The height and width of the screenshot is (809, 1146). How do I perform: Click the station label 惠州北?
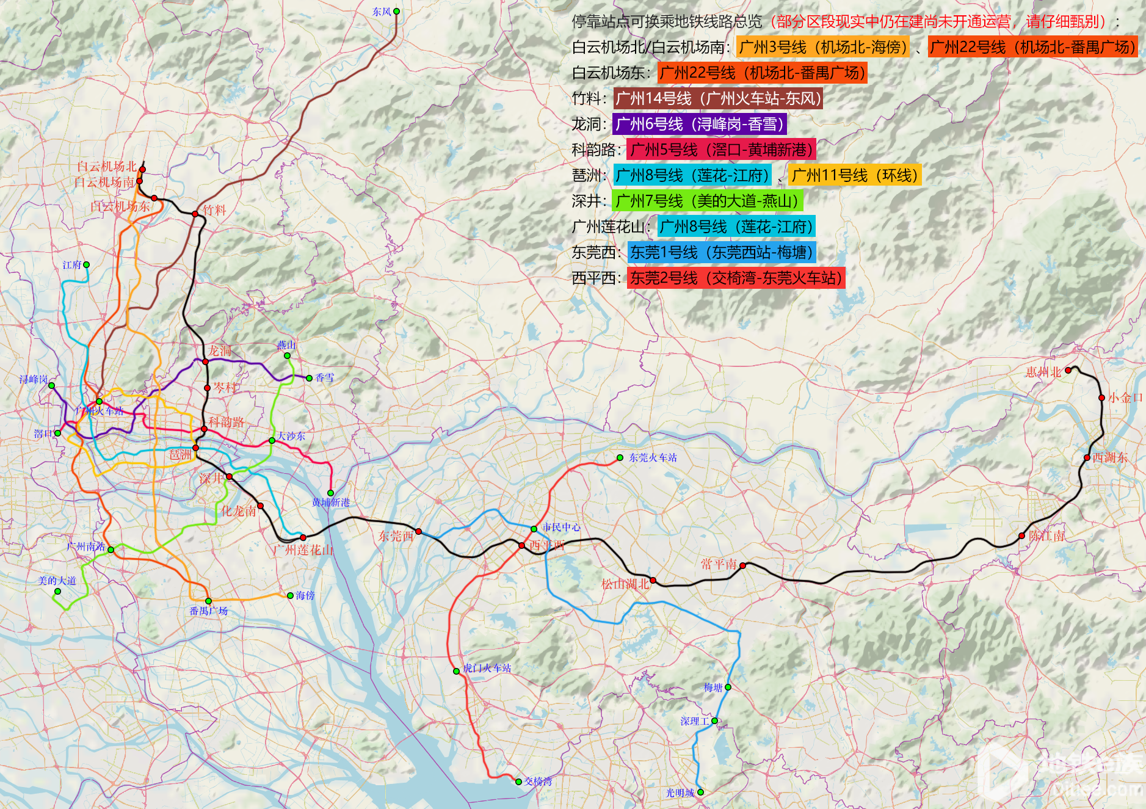(x=1043, y=372)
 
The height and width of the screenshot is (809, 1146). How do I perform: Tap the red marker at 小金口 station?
(x=1101, y=397)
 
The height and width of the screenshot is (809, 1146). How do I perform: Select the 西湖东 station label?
(x=1110, y=457)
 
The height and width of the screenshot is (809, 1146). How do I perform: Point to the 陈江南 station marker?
(x=1021, y=535)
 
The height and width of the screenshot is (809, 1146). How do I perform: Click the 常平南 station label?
(x=719, y=564)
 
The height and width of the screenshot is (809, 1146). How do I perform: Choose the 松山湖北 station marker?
(x=653, y=580)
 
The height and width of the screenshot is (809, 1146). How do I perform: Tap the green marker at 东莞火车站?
(x=620, y=457)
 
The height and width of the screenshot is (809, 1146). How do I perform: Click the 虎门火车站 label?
(x=487, y=668)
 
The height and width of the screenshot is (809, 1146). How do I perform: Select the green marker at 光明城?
(x=700, y=792)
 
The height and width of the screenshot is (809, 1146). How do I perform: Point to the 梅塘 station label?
(x=713, y=687)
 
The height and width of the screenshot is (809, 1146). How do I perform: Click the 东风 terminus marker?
(x=396, y=12)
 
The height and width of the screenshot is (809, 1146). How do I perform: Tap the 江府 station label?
(x=71, y=265)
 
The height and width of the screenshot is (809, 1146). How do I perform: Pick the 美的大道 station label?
(x=57, y=581)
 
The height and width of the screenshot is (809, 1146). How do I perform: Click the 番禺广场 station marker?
(x=208, y=601)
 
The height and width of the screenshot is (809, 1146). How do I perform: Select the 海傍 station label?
(x=305, y=595)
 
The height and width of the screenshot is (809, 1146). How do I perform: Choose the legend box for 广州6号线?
(x=699, y=124)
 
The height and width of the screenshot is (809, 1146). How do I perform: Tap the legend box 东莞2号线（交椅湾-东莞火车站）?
(x=736, y=278)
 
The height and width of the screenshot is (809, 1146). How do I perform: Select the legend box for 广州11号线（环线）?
(x=854, y=175)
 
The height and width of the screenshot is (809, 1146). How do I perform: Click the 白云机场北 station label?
(x=106, y=166)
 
